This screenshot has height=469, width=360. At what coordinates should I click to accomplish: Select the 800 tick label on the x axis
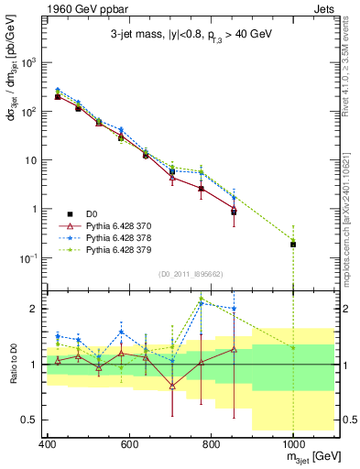[x=211, y=442]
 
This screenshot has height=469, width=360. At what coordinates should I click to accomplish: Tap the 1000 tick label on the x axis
[x=292, y=442]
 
